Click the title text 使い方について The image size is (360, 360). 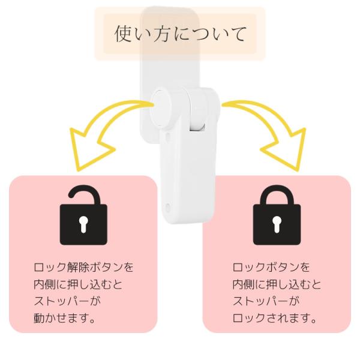pos(180,34)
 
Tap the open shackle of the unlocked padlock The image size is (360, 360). pos(83,193)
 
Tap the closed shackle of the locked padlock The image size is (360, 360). pos(277,194)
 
